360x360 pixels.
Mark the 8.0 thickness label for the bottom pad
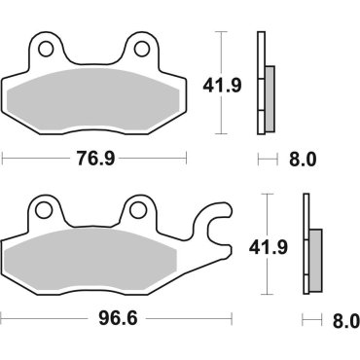(x=344, y=318)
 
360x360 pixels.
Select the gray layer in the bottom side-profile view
(x=314, y=260)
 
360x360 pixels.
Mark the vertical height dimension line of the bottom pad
(x=268, y=243)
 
